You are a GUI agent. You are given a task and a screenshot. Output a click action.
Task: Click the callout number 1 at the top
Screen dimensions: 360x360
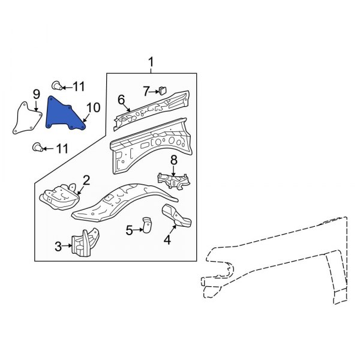151,62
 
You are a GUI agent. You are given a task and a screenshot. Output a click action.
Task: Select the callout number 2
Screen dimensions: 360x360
86,179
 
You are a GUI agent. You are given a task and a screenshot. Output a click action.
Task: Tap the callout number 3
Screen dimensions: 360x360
58,245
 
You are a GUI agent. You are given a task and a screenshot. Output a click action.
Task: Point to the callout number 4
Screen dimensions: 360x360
167,241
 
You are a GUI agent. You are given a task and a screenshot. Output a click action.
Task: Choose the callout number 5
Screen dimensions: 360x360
129,229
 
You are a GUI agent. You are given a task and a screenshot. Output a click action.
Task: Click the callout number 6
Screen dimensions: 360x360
121,100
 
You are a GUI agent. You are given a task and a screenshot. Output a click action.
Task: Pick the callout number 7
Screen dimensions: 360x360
146,91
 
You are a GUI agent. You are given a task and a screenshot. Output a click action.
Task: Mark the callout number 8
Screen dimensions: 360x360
173,160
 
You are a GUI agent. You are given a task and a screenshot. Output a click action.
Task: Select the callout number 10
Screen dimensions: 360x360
93,108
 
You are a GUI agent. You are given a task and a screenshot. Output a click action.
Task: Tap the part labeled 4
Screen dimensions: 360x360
176,217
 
